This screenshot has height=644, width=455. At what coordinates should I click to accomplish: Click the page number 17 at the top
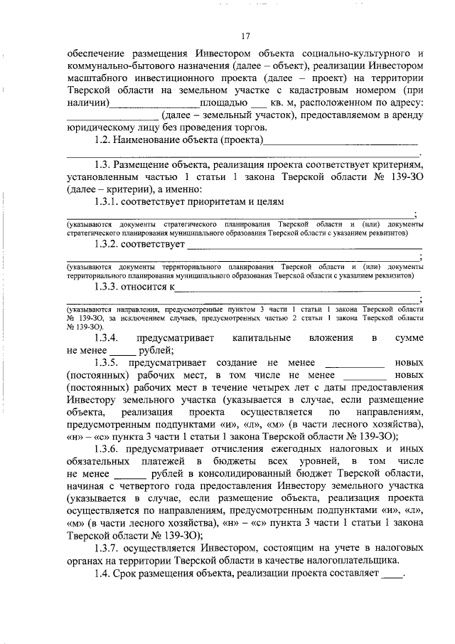coord(245,36)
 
